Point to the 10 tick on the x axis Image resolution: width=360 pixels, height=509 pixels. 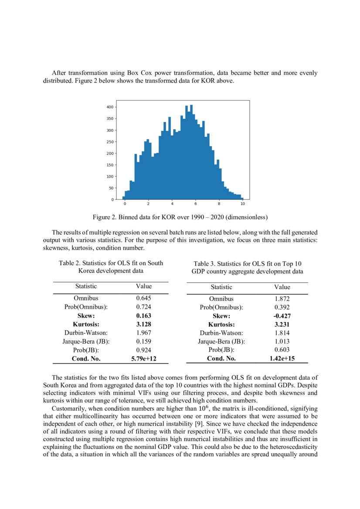tap(242, 204)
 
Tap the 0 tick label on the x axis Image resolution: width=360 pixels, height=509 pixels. tap(125, 204)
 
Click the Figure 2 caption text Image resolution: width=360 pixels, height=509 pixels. tap(180, 217)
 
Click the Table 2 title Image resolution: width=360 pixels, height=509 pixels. tap(111, 267)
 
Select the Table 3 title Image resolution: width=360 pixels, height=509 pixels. tap(248, 267)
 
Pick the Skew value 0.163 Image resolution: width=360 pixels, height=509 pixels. tap(144, 315)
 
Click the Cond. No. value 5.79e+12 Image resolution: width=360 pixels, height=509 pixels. tap(144, 359)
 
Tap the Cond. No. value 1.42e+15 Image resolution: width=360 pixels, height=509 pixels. tap(282, 359)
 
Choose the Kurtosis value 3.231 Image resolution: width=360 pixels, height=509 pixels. tap(282, 324)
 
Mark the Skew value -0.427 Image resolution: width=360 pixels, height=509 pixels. tap(282, 316)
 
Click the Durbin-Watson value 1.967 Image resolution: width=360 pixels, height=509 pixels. tap(144, 333)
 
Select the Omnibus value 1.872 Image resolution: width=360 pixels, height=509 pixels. tap(282, 299)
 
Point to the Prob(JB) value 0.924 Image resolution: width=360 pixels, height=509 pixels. tap(144, 350)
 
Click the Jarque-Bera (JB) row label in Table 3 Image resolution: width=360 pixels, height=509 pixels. tap(221, 341)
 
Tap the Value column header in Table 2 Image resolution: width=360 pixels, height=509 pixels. tap(144, 286)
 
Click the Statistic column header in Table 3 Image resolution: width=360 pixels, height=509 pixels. tap(221, 287)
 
